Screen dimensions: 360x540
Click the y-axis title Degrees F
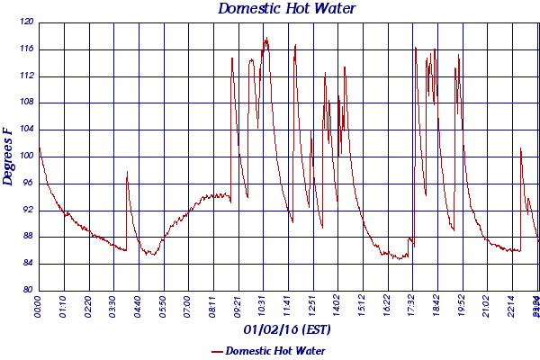click(9, 156)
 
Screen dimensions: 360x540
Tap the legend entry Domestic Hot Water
click(275, 350)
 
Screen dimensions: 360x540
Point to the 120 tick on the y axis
click(26, 22)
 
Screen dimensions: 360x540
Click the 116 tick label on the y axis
click(26, 49)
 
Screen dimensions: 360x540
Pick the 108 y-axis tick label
click(26, 102)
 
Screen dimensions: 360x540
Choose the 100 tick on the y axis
click(26, 156)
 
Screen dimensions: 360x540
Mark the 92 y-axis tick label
click(27, 210)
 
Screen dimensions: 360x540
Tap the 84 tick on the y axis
click(27, 263)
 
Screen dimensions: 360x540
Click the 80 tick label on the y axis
click(27, 290)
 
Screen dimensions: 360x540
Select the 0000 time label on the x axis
click(39, 307)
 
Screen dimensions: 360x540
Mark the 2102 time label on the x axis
click(487, 307)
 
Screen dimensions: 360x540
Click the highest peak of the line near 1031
click(266, 39)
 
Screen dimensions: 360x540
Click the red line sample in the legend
click(216, 351)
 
